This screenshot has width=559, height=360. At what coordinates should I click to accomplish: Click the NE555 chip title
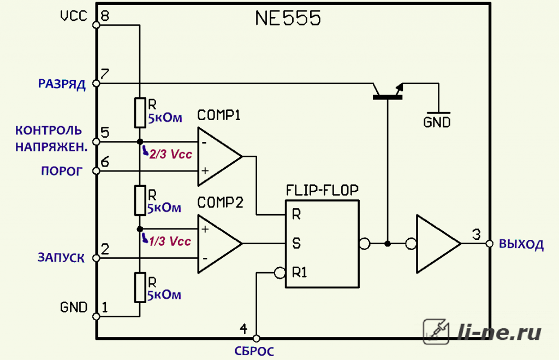pyautogui.click(x=288, y=18)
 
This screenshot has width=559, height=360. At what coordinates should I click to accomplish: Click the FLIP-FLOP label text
pyautogui.click(x=322, y=190)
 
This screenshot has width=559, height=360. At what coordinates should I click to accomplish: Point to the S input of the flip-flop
pyautogui.click(x=296, y=243)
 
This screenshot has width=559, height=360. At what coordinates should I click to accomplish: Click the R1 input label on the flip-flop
pyautogui.click(x=300, y=273)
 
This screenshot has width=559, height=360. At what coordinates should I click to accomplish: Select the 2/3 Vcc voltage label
pyautogui.click(x=170, y=154)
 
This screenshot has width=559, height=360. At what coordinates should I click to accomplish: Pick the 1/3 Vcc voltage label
pyautogui.click(x=170, y=241)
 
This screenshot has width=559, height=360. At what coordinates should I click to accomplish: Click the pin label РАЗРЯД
pyautogui.click(x=62, y=85)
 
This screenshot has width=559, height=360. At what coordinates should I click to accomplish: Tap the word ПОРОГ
pyautogui.click(x=62, y=171)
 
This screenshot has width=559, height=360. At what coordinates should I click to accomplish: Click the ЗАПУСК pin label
pyautogui.click(x=61, y=258)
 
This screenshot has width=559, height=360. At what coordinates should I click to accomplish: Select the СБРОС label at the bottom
pyautogui.click(x=254, y=351)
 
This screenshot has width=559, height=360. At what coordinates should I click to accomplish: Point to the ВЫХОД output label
pyautogui.click(x=521, y=244)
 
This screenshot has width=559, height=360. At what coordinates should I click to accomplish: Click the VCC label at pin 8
pyautogui.click(x=74, y=16)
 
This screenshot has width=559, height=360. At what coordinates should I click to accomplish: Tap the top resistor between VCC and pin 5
pyautogui.click(x=140, y=113)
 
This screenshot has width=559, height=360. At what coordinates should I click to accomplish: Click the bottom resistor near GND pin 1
pyautogui.click(x=140, y=287)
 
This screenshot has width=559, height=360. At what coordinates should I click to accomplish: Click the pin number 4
pyautogui.click(x=243, y=328)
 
